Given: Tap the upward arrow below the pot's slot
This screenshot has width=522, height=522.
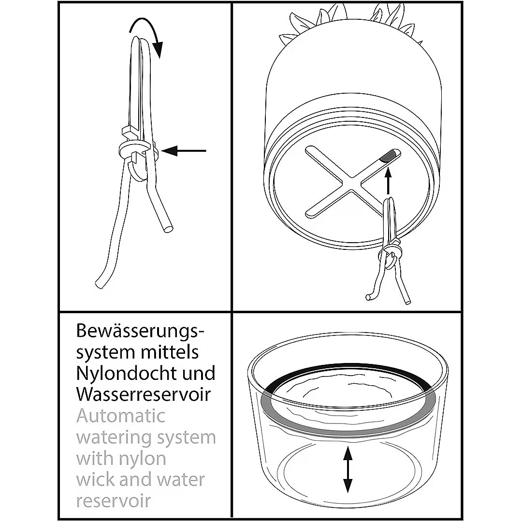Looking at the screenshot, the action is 388,181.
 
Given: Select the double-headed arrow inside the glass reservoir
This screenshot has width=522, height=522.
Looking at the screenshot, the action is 348,469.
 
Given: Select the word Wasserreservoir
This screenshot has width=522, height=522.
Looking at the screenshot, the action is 144,394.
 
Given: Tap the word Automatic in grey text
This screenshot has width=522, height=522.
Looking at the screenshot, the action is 121,416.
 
